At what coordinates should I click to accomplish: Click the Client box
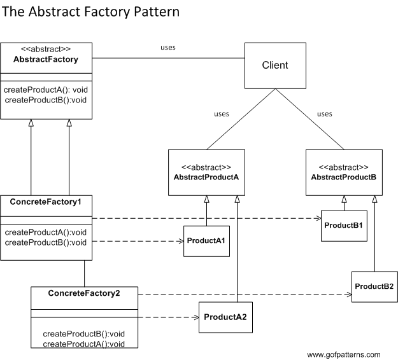(275, 65)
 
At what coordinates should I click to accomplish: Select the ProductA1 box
(207, 241)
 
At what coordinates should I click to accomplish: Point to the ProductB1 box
(344, 226)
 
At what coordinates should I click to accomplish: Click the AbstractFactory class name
(46, 60)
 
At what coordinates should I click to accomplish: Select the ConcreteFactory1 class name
(46, 202)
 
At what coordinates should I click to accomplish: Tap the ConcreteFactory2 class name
(83, 293)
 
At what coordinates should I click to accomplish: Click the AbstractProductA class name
(206, 177)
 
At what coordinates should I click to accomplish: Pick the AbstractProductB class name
(344, 177)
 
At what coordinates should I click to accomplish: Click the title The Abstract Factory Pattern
(90, 11)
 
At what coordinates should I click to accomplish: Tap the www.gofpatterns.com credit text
(343, 354)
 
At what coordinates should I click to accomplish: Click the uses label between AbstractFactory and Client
(167, 47)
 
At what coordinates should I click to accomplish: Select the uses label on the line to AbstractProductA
(221, 114)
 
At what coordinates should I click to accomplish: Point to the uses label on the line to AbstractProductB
(324, 114)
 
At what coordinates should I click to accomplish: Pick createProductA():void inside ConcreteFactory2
(83, 343)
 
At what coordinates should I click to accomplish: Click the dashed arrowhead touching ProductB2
(348, 294)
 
